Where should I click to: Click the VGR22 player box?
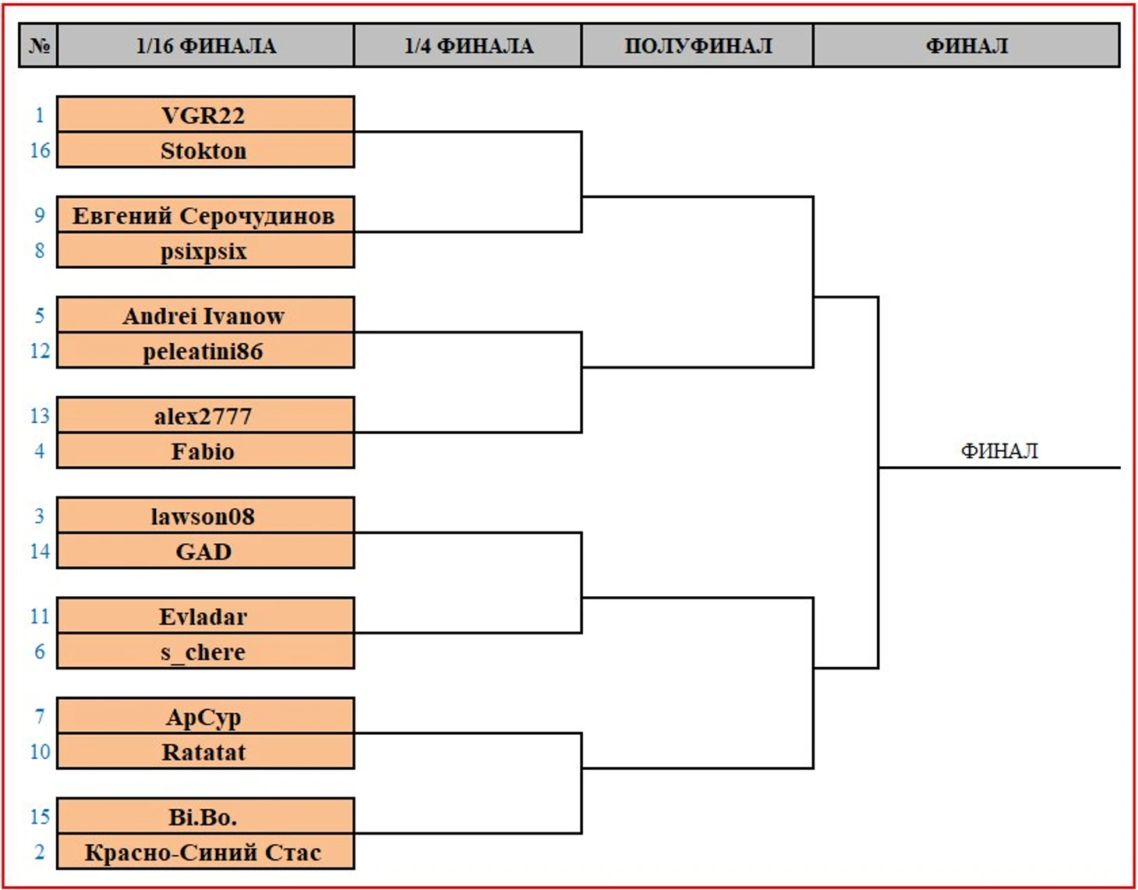click(205, 114)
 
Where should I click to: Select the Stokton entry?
click(205, 150)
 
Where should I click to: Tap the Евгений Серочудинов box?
click(205, 214)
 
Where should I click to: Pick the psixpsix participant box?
click(205, 250)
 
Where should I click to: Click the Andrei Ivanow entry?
click(205, 315)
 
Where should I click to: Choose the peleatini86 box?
click(205, 350)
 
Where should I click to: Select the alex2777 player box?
click(205, 415)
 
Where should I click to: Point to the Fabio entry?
click(205, 450)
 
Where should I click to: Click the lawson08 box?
click(205, 516)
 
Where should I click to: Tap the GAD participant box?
click(205, 551)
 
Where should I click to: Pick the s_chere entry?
click(205, 652)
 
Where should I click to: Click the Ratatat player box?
click(205, 751)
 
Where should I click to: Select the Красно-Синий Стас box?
click(205, 852)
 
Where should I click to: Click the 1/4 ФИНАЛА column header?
click(468, 45)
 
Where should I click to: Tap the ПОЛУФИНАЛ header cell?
click(698, 45)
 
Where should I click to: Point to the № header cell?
click(38, 45)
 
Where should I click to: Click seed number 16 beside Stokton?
click(40, 150)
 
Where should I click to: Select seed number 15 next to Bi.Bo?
click(40, 817)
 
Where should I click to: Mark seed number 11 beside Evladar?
click(40, 616)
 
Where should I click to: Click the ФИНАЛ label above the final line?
click(999, 450)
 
